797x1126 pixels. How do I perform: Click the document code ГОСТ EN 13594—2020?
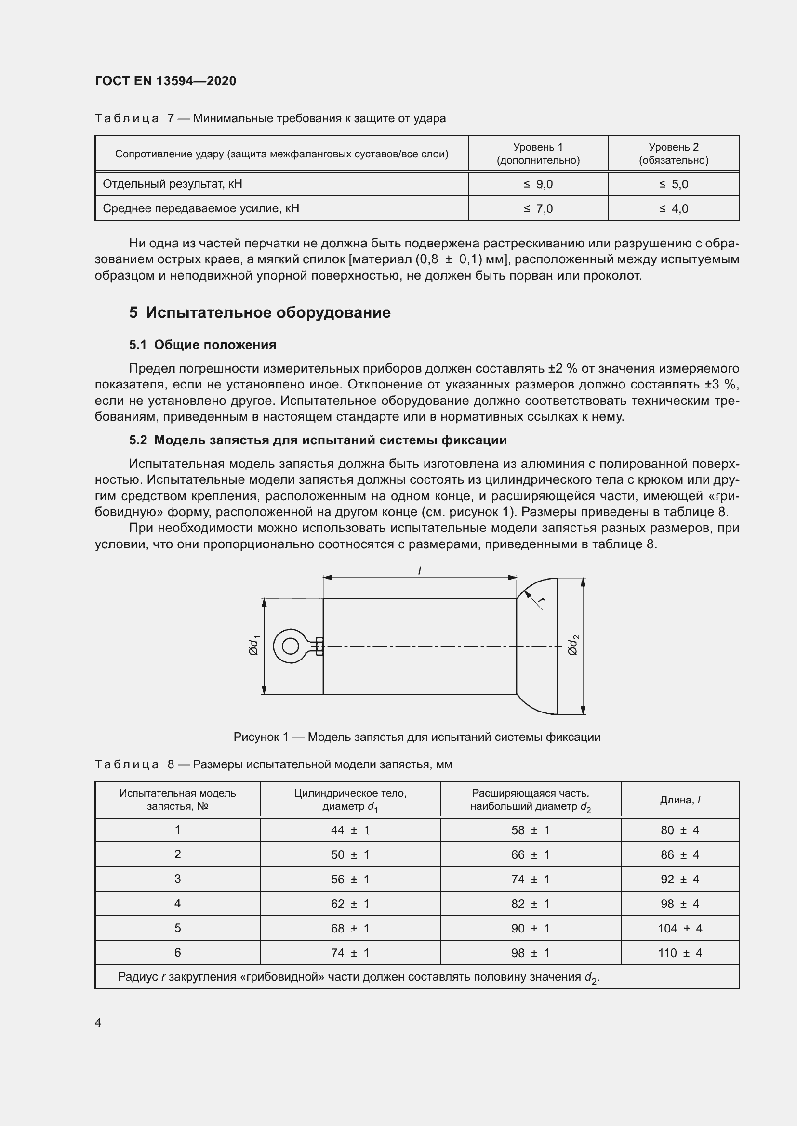point(165,81)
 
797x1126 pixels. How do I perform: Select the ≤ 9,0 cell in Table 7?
point(538,184)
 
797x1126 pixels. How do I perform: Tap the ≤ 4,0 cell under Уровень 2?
point(673,209)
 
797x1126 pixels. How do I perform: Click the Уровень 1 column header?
point(538,154)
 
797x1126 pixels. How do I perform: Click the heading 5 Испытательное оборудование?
point(260,312)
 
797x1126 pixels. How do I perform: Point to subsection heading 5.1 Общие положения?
point(202,345)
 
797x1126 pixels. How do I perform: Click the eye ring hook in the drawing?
point(291,646)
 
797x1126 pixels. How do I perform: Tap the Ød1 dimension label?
point(254,646)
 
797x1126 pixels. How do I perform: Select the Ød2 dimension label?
point(573,645)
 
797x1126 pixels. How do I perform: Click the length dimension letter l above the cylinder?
point(420,570)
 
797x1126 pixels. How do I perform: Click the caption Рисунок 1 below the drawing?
point(417,737)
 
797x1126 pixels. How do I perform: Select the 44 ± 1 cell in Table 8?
point(350,830)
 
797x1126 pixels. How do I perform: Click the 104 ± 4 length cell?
point(680,928)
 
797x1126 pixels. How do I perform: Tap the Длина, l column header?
point(680,801)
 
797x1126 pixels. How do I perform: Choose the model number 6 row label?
point(177,952)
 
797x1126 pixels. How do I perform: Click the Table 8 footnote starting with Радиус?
point(358,977)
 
